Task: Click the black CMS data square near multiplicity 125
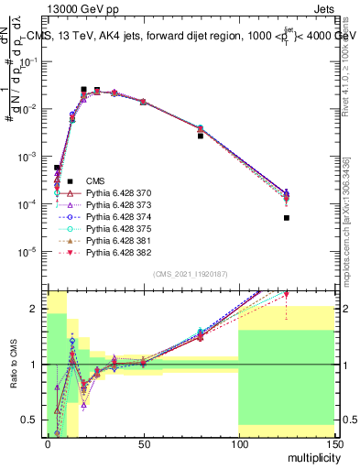click(286, 218)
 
